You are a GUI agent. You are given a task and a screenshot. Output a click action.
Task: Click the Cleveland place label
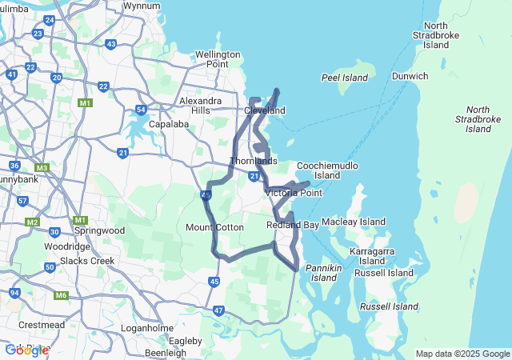click(x=264, y=110)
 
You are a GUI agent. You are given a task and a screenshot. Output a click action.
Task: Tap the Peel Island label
click(x=345, y=78)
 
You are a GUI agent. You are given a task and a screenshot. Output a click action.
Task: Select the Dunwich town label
click(x=410, y=76)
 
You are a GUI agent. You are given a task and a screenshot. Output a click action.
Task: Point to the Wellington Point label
click(x=218, y=59)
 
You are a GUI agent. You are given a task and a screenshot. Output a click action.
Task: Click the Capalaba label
click(x=169, y=124)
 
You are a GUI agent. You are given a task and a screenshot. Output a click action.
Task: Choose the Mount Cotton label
click(x=214, y=227)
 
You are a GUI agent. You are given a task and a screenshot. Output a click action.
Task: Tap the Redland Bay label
click(x=292, y=226)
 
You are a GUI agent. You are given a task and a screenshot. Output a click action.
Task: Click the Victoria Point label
click(x=293, y=193)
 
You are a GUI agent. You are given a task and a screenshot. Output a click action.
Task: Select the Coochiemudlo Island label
click(x=327, y=170)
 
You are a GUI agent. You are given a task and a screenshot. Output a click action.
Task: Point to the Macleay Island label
click(x=353, y=222)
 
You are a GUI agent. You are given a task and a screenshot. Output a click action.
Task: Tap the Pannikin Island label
click(x=324, y=272)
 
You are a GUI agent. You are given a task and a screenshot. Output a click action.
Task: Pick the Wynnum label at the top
click(x=141, y=5)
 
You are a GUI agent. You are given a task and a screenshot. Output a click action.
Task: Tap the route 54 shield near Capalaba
click(x=141, y=110)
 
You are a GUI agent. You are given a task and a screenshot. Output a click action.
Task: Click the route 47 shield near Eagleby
click(x=219, y=310)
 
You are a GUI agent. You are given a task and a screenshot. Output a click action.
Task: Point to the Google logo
click(x=26, y=350)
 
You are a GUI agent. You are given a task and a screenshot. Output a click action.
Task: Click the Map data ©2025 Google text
click(x=462, y=354)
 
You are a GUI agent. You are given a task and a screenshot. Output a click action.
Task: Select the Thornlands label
click(x=253, y=161)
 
